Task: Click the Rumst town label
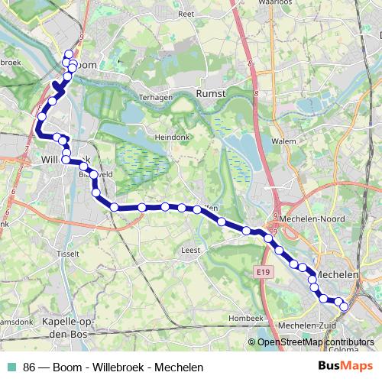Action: (212, 92)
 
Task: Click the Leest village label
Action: (190, 250)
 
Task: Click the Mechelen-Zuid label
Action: (309, 326)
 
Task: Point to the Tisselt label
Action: (68, 253)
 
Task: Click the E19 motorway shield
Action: (264, 270)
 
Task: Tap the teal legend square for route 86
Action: (12, 367)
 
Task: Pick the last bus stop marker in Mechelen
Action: (343, 307)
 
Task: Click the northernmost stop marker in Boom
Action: (69, 53)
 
